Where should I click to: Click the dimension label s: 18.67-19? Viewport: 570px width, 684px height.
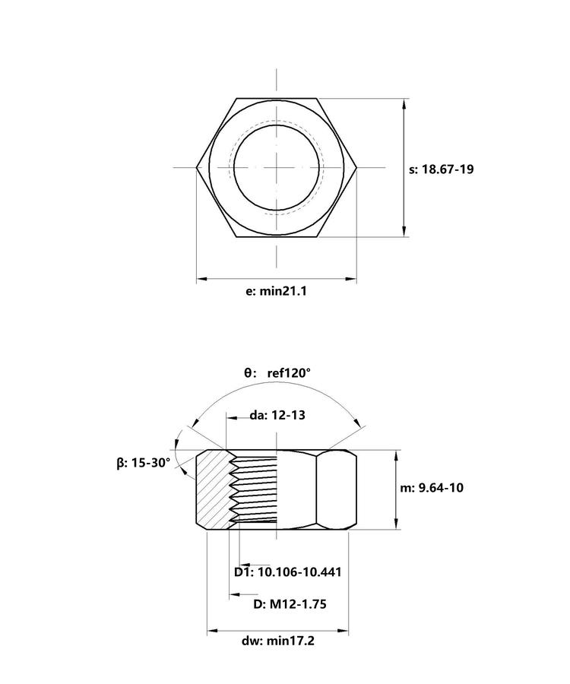[441, 169]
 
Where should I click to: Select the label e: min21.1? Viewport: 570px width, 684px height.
[276, 291]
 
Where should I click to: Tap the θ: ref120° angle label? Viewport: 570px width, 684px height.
[277, 373]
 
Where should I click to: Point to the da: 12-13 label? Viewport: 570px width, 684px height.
[277, 415]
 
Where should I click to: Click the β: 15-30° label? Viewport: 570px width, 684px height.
[144, 463]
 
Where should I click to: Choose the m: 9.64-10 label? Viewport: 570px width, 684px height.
[432, 488]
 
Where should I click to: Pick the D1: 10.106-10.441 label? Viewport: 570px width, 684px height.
[288, 572]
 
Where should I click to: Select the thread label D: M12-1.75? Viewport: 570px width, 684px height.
[290, 604]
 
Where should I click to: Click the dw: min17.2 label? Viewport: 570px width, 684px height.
[278, 641]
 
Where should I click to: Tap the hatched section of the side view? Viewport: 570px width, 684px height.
[212, 489]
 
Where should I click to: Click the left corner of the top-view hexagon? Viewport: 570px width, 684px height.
[197, 167]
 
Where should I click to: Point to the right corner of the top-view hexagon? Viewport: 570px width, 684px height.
[357, 167]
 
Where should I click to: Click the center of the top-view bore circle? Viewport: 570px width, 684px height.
[277, 167]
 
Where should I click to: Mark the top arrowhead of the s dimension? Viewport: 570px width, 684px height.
[405, 104]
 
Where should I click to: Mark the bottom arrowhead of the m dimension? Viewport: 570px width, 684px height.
[396, 524]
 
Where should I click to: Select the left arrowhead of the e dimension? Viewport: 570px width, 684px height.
[201, 278]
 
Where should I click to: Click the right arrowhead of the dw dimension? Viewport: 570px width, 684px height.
[343, 630]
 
